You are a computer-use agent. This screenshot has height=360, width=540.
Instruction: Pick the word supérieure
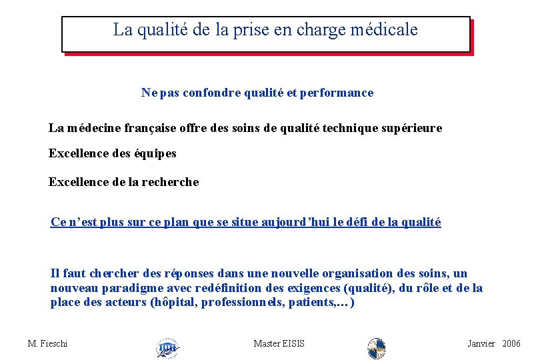tap(409, 128)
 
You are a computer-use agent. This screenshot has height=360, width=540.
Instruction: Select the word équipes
tap(153, 154)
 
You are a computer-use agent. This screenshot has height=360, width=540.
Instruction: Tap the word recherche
tap(170, 182)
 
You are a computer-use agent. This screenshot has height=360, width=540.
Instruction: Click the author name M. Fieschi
tap(47, 343)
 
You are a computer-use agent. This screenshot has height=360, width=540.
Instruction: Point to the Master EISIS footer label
tap(279, 343)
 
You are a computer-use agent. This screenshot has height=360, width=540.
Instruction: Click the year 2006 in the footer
tap(511, 343)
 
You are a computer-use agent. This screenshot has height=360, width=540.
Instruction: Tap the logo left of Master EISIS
tap(167, 347)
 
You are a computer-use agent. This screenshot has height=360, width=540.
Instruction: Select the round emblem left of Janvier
tap(377, 347)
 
